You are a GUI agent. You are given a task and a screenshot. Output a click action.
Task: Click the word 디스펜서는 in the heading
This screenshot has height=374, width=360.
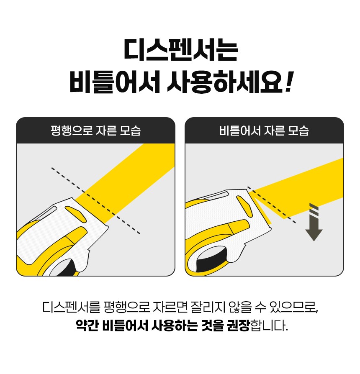click(181, 51)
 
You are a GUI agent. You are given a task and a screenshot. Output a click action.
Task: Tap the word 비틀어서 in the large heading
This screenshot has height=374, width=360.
click(115, 82)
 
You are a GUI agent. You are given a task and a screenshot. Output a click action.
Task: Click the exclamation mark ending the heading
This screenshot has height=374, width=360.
click(289, 82)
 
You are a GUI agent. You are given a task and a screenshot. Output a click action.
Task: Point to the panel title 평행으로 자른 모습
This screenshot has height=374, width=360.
click(96, 131)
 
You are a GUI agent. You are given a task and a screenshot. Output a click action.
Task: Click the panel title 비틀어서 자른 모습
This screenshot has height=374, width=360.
click(264, 131)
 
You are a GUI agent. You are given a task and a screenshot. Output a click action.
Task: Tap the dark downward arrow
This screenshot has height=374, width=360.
click(314, 222)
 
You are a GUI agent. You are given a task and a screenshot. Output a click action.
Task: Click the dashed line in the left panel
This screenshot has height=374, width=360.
click(96, 201)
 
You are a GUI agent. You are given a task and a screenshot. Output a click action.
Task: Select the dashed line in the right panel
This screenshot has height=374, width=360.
click(272, 205)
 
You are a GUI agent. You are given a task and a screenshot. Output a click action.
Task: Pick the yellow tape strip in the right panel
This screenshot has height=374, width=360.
click(298, 186)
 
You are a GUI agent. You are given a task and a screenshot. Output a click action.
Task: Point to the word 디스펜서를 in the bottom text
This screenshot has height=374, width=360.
click(72, 307)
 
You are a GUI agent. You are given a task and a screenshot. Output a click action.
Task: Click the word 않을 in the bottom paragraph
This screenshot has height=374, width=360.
click(240, 307)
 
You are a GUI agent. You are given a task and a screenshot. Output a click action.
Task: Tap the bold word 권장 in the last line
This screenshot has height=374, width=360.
click(238, 325)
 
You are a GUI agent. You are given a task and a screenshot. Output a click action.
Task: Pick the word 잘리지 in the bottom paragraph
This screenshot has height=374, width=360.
click(208, 307)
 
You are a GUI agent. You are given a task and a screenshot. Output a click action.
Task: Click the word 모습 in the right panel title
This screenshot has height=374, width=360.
click(298, 131)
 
